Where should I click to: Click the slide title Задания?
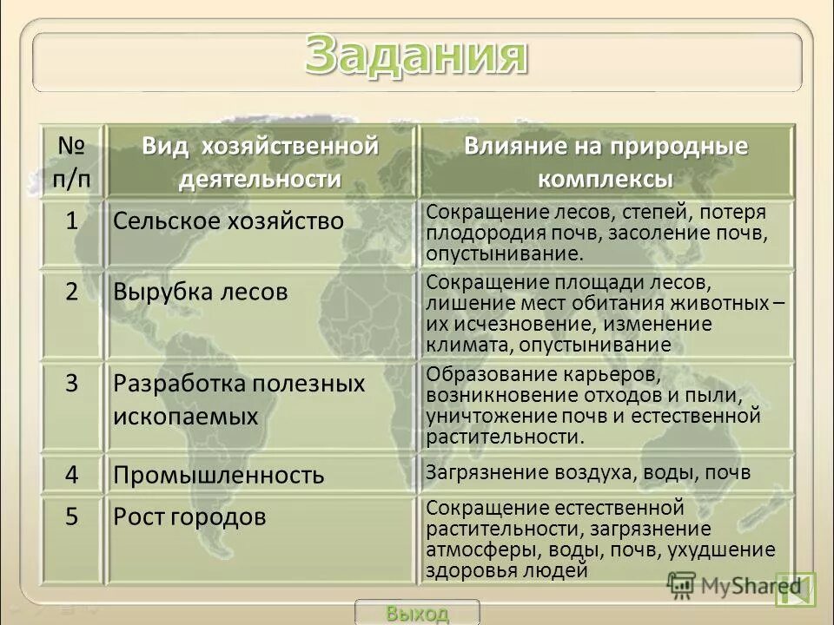pyautogui.click(x=415, y=57)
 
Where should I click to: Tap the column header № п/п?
pyautogui.click(x=73, y=161)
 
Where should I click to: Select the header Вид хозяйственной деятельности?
pyautogui.click(x=261, y=161)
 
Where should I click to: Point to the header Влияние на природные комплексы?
pyautogui.click(x=606, y=161)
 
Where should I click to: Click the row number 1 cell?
pyautogui.click(x=73, y=220)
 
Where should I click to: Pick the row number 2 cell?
pyautogui.click(x=73, y=292)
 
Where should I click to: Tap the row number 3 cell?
pyautogui.click(x=73, y=383)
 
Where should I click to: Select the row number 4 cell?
pyautogui.click(x=73, y=474)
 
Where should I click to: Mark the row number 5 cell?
pyautogui.click(x=73, y=516)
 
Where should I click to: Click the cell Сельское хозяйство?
pyautogui.click(x=228, y=221)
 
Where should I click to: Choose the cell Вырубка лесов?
pyautogui.click(x=200, y=293)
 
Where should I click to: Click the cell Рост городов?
pyautogui.click(x=189, y=517)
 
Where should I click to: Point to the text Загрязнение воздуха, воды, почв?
pyautogui.click(x=587, y=472)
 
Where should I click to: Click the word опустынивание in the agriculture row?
pyautogui.click(x=502, y=254)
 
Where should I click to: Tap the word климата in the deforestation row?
pyautogui.click(x=458, y=345)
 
